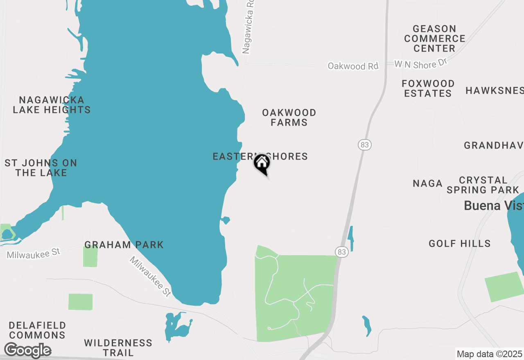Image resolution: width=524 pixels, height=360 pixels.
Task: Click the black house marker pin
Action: coord(262,164)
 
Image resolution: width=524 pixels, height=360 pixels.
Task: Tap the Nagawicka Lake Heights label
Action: coord(52,105)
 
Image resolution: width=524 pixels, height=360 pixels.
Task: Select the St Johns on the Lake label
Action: coord(41,168)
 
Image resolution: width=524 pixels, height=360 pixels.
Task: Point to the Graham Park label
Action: coord(124,245)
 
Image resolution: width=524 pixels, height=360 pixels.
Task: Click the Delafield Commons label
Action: coord(37,330)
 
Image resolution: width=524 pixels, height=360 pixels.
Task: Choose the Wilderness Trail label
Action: coord(118,347)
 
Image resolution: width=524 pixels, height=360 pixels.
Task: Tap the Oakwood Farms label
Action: coord(289,117)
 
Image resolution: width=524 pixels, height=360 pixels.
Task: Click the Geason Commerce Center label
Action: coord(435,38)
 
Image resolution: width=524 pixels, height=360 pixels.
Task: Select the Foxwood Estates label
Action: coord(428,88)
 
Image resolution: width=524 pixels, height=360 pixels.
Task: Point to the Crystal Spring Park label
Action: coord(483,185)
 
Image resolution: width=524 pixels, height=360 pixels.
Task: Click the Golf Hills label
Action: coord(460,244)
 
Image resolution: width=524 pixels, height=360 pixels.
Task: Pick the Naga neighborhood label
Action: coord(428,183)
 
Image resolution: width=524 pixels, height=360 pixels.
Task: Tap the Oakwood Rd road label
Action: coord(353,66)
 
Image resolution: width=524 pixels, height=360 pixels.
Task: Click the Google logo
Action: coord(28,351)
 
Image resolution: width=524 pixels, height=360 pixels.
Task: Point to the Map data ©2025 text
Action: coord(489,354)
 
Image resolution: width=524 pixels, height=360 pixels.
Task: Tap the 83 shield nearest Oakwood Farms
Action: coord(364,144)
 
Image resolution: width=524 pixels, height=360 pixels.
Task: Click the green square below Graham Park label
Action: coord(90,256)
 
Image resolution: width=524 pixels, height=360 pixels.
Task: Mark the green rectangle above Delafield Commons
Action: coord(80,302)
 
